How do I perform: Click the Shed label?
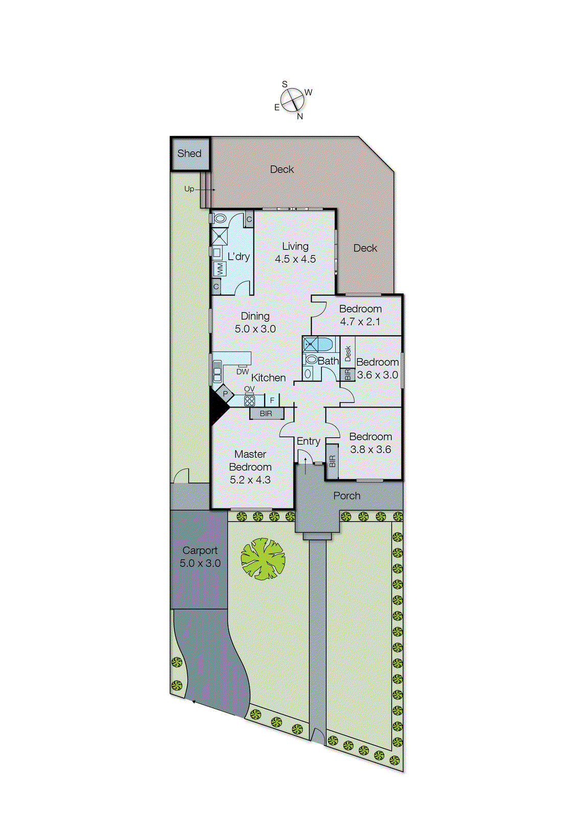tap(189, 153)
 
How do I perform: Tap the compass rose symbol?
tap(292, 100)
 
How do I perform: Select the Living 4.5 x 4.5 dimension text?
tap(295, 259)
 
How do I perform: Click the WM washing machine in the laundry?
tap(220, 269)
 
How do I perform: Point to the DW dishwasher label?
tap(242, 372)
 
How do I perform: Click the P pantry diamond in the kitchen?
tap(225, 394)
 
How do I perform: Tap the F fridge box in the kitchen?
tap(272, 400)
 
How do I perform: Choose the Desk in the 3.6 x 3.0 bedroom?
tap(348, 352)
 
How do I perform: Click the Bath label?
tap(328, 361)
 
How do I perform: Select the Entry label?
tap(308, 441)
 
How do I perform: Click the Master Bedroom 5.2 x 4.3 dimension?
tap(250, 480)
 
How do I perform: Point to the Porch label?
tap(346, 495)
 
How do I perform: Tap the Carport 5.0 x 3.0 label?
tap(200, 557)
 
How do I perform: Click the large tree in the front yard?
tap(263, 558)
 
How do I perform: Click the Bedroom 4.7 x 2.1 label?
tap(360, 315)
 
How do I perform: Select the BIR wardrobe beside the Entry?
tap(332, 462)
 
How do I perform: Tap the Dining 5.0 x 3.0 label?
tap(255, 323)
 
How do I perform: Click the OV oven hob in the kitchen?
tap(249, 400)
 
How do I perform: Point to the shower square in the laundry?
tap(219, 237)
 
